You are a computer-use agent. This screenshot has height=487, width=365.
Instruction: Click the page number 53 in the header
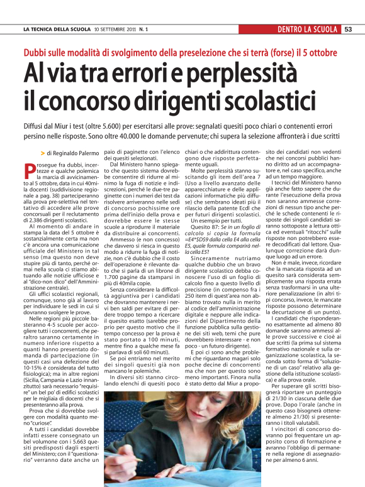348,29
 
